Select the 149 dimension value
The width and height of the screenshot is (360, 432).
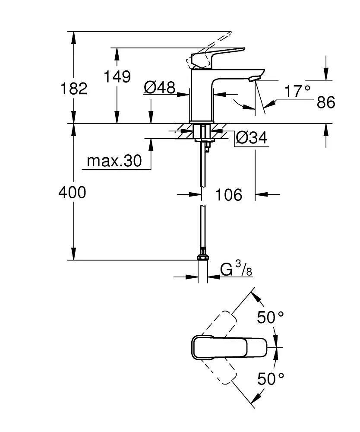[x=117, y=76]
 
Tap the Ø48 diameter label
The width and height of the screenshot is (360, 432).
[x=159, y=88]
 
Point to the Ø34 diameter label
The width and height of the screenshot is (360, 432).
[x=251, y=138]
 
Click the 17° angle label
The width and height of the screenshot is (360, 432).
[x=297, y=92]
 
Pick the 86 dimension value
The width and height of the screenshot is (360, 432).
[x=326, y=103]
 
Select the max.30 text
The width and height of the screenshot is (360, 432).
[x=114, y=161]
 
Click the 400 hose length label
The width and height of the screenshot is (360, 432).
[x=72, y=193]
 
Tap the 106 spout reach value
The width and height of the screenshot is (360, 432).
[x=228, y=195]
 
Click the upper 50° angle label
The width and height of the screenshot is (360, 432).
[x=271, y=318]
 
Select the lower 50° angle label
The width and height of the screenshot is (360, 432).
[x=271, y=379]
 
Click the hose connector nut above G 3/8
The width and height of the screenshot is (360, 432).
[x=202, y=257]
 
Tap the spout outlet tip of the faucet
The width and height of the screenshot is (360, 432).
[x=253, y=78]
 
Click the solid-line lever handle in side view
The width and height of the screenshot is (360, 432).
[x=220, y=56]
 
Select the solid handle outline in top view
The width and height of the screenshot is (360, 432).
[x=229, y=347]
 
